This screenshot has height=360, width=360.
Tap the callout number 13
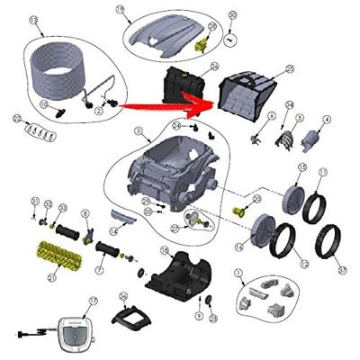35,19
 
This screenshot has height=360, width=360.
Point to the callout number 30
232,15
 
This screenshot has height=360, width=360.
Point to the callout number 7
98,269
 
